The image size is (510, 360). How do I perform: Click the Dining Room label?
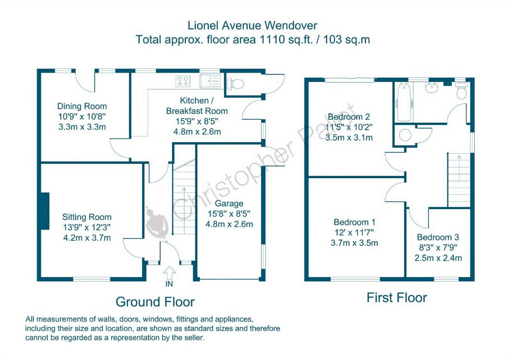(82, 106)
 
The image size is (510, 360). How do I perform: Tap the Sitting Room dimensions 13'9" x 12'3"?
(87, 227)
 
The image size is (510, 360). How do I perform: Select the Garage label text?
(229, 203)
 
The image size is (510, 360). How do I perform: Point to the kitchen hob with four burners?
(183, 81)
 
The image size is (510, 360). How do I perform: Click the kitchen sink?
(210, 81)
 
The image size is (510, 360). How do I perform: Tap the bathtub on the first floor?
(405, 102)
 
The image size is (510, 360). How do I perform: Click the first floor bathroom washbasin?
(432, 88)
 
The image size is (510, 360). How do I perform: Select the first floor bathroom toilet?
(462, 91)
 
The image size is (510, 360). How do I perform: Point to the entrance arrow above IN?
(169, 273)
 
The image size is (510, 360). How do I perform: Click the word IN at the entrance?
(169, 284)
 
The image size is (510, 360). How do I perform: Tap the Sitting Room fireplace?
(45, 211)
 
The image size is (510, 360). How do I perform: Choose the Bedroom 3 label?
(438, 237)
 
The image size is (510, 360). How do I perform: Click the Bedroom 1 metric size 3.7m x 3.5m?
(354, 243)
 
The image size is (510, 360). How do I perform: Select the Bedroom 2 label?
(349, 117)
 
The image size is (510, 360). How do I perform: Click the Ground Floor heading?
(155, 302)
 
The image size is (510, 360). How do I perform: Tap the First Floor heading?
(397, 298)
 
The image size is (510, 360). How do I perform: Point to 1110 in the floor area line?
(272, 40)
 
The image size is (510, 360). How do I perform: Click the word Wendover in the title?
(291, 26)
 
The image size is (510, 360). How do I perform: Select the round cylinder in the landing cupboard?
(405, 135)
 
